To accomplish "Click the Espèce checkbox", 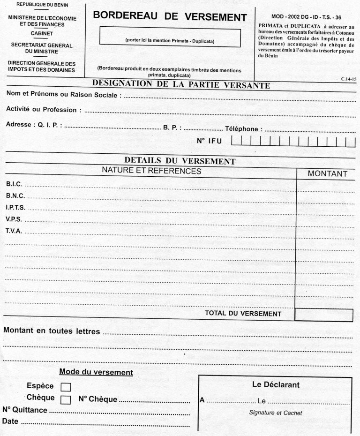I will tap(66, 387).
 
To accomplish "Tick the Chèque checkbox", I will tap(66, 399).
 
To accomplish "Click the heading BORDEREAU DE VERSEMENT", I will tap(170, 16).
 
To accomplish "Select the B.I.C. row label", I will tap(14, 184).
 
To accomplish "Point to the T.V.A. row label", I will tap(14, 231).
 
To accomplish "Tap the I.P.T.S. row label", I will tap(15, 207).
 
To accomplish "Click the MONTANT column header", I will tap(327, 174).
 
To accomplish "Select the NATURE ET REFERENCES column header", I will tap(151, 172).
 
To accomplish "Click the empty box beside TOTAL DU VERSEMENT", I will tap(323, 314).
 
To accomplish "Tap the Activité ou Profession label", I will tap(41, 110).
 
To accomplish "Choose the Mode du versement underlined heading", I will tap(96, 372).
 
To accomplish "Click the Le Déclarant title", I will tap(276, 385).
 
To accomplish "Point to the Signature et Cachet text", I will tap(276, 413).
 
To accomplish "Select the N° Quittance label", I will tap(25, 410).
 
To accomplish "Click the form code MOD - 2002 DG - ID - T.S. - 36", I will tap(306, 17).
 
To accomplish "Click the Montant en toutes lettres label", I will tap(52, 331).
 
